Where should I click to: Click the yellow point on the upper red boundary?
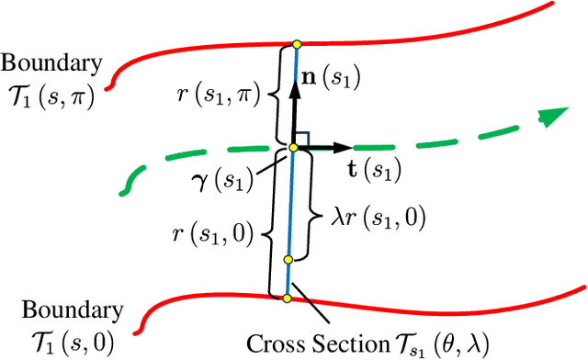click(296, 43)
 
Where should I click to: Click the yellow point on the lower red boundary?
click(286, 298)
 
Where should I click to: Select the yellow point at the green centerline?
click(293, 147)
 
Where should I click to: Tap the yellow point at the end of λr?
click(288, 260)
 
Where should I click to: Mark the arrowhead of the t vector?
click(346, 147)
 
